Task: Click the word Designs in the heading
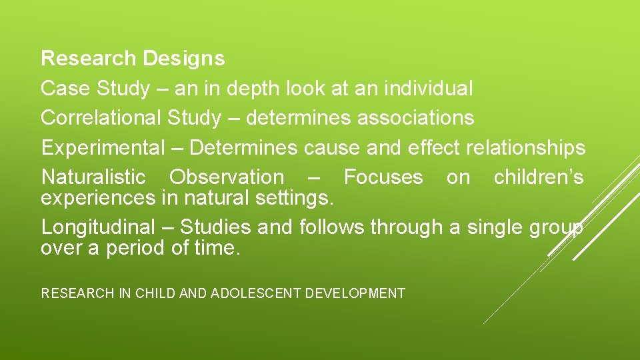click(183, 59)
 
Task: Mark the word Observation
click(226, 177)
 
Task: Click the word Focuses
click(383, 177)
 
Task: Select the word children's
click(539, 177)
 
